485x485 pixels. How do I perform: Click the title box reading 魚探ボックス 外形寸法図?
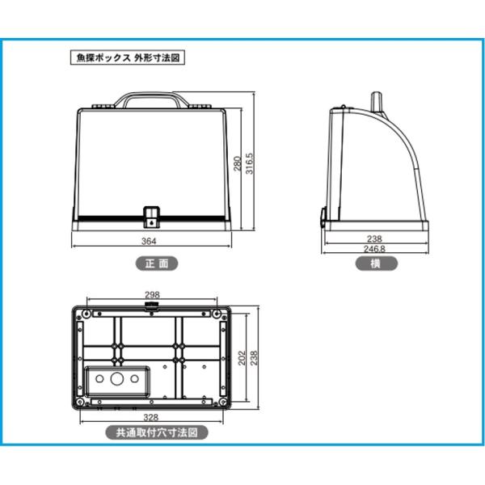pos(128,57)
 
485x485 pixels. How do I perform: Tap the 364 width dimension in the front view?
pos(149,241)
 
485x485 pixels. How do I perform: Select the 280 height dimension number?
pos(237,163)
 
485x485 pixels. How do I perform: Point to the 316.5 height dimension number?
pos(249,163)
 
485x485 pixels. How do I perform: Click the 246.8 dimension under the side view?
pos(374,249)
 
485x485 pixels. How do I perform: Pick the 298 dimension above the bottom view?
pos(152,295)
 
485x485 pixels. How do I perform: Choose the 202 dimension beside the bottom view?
pos(242,357)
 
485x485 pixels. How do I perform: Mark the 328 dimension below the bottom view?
pos(151,418)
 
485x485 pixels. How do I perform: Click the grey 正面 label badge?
pos(157,264)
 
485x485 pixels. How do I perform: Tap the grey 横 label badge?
pos(376,264)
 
